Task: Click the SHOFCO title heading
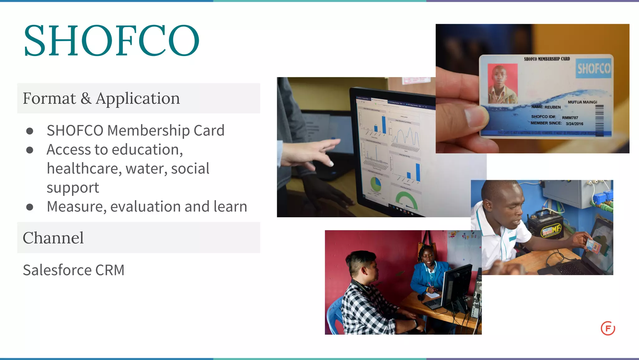(x=111, y=41)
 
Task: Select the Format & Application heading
(x=101, y=98)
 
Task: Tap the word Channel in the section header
(x=53, y=238)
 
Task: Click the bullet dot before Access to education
(x=30, y=150)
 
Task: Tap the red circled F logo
(x=607, y=328)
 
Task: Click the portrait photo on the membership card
(x=502, y=84)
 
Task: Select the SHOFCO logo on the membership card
(x=593, y=68)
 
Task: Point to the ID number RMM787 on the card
(x=570, y=118)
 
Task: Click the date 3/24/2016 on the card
(x=574, y=124)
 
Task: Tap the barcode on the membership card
(x=599, y=120)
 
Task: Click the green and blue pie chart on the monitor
(x=376, y=184)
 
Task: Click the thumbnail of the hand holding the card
(x=532, y=88)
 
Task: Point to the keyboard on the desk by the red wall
(x=432, y=303)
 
